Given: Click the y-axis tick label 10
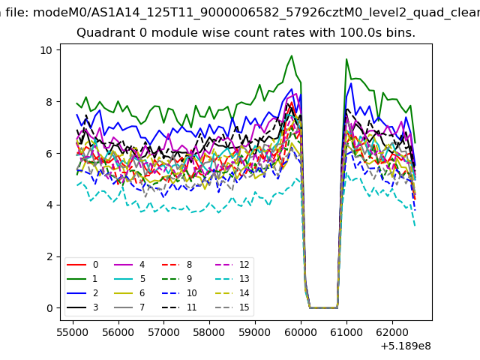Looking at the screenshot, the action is (x=46, y=50).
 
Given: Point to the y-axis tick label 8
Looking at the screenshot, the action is (x=49, y=102).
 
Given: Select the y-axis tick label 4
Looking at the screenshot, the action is (x=49, y=205).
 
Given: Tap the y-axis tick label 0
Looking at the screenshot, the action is (x=49, y=308).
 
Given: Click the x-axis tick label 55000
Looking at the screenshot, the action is (x=73, y=332).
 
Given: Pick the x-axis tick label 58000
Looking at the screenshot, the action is (x=209, y=332).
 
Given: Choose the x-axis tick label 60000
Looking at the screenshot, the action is (x=301, y=332).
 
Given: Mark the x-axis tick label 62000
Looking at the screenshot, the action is (x=392, y=332).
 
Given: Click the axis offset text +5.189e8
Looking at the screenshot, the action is (x=406, y=346).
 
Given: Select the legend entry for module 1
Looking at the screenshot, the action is (x=82, y=278).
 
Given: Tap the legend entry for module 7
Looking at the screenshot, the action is (x=129, y=307).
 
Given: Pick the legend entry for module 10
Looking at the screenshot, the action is (x=179, y=293).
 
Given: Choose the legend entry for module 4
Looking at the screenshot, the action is (x=129, y=265).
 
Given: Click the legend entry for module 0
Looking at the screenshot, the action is (x=82, y=265).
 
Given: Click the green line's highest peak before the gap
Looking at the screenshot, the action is (x=292, y=55).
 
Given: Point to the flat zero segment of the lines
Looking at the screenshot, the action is (x=323, y=307).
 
